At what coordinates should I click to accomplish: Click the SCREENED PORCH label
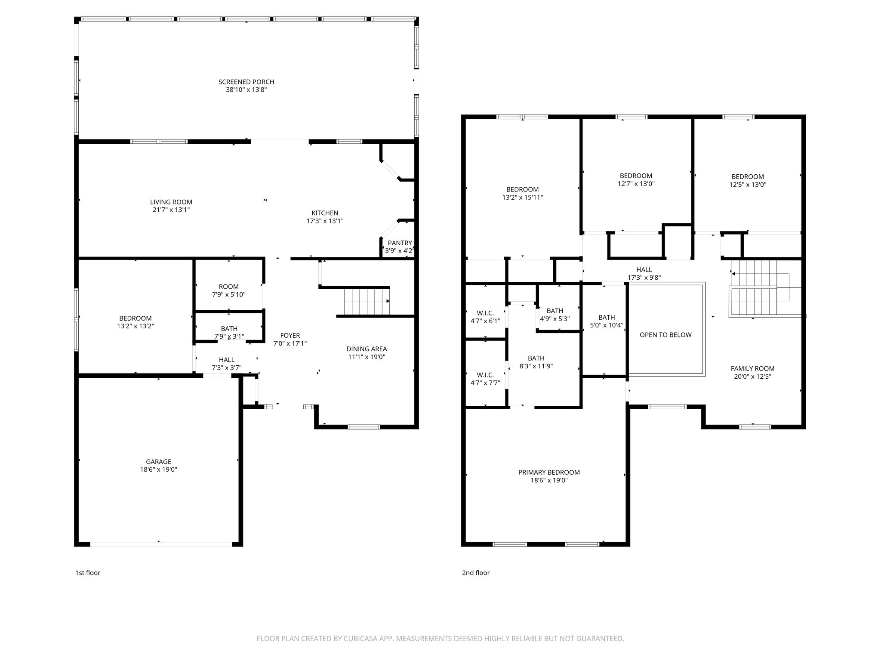pos(246,82)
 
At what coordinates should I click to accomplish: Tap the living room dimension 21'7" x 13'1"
pos(171,210)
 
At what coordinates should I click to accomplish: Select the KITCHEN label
pos(325,213)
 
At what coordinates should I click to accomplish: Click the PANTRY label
pos(400,243)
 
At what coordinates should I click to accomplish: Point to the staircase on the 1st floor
pos(367,302)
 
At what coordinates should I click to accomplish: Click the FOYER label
pos(290,336)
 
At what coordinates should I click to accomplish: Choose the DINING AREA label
pos(367,349)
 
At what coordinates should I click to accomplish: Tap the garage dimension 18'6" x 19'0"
pos(158,470)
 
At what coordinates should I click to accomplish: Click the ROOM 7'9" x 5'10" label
pos(228,287)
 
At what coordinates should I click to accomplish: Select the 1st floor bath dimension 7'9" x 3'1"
pos(229,337)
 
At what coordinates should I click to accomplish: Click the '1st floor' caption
pos(88,573)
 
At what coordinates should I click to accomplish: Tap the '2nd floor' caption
pos(476,573)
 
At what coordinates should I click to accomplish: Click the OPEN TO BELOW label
pos(665,335)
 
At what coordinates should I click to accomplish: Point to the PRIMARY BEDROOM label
pos(549,473)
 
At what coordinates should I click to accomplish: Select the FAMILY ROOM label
pos(752,368)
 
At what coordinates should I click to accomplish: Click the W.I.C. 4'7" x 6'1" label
pos(485,313)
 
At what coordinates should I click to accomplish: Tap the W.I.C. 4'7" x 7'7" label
pos(485,375)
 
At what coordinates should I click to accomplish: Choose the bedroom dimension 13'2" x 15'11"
pos(522,198)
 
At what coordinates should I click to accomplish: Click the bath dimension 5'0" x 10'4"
pos(607,325)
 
